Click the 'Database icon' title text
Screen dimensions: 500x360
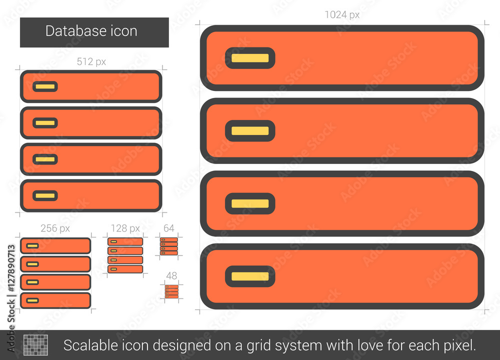tap(91, 31)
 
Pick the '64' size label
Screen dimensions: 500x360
tap(168, 228)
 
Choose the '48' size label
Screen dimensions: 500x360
tap(171, 275)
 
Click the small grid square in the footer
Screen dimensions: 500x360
tap(35, 345)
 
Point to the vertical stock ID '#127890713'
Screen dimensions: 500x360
tap(11, 268)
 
